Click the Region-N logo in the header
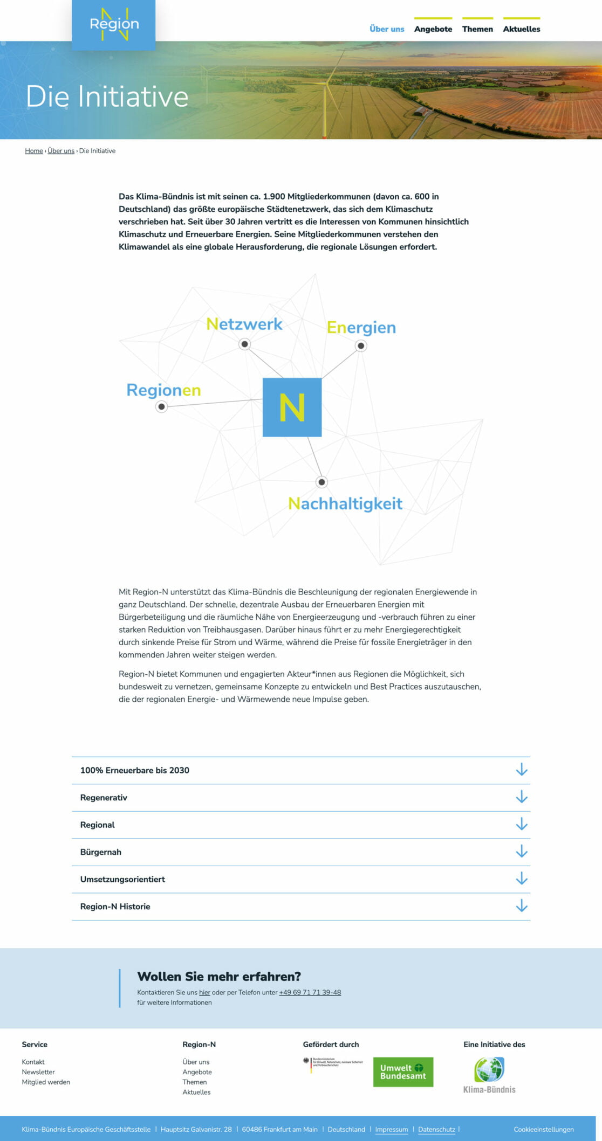point(114,25)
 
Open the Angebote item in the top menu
point(433,29)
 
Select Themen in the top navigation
point(477,29)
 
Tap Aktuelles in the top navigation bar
point(521,29)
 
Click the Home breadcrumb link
point(34,151)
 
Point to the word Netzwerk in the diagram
point(244,324)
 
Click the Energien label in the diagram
point(361,328)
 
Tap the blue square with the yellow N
point(292,407)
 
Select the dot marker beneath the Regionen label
point(161,406)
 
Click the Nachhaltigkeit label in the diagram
point(345,503)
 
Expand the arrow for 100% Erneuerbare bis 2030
point(521,770)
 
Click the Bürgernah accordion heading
point(101,852)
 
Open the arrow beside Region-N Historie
point(521,906)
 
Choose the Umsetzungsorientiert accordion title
point(122,879)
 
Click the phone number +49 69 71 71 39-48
point(310,992)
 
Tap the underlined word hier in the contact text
point(204,992)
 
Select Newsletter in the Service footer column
point(38,1072)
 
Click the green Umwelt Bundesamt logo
point(403,1071)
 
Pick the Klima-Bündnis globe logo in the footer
point(489,1075)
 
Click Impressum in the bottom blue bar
point(392,1129)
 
